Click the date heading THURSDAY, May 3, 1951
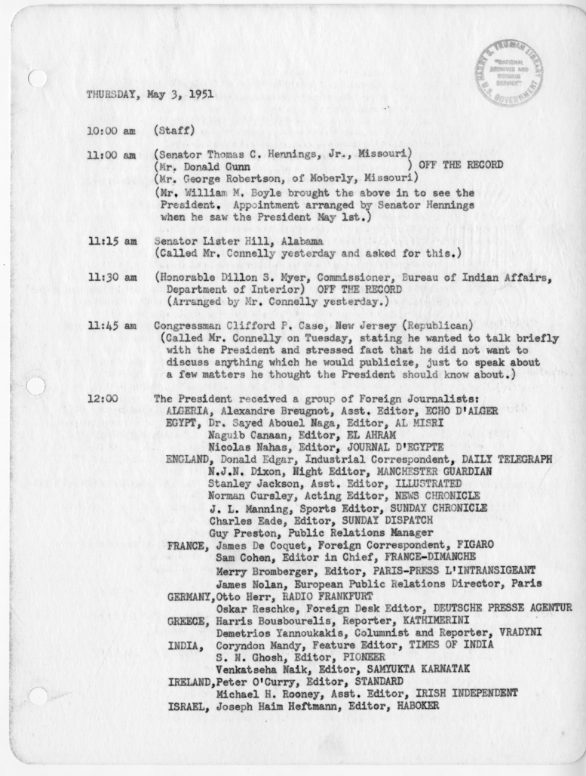click(x=149, y=96)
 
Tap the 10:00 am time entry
click(x=111, y=131)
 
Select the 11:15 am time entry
click(x=111, y=241)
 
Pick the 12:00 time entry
click(x=102, y=399)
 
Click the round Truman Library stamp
click(x=509, y=72)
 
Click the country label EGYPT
click(x=182, y=423)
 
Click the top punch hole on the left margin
click(x=36, y=78)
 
